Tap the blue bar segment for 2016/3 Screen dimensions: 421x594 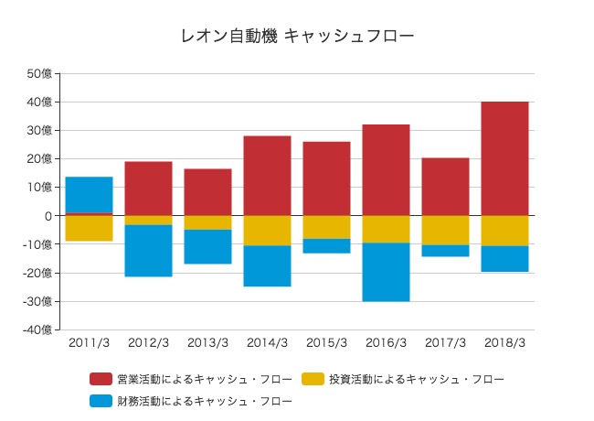[386, 272]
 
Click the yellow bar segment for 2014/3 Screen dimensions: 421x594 [267, 231]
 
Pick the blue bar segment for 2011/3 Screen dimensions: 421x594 [89, 195]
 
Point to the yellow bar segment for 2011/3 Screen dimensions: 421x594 [89, 229]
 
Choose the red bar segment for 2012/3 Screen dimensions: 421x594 [148, 189]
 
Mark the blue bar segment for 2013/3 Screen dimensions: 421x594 [207, 246]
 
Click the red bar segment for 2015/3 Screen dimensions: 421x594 [326, 178]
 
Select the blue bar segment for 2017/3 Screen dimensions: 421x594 [445, 251]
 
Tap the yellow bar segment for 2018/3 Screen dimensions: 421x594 [504, 231]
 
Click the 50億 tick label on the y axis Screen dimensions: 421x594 [40, 73]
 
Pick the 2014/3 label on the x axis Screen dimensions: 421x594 [267, 343]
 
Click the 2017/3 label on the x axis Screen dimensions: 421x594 [445, 343]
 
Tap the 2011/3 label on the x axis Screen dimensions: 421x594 [89, 343]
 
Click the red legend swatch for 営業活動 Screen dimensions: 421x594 [101, 378]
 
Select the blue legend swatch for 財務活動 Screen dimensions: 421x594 [101, 401]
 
